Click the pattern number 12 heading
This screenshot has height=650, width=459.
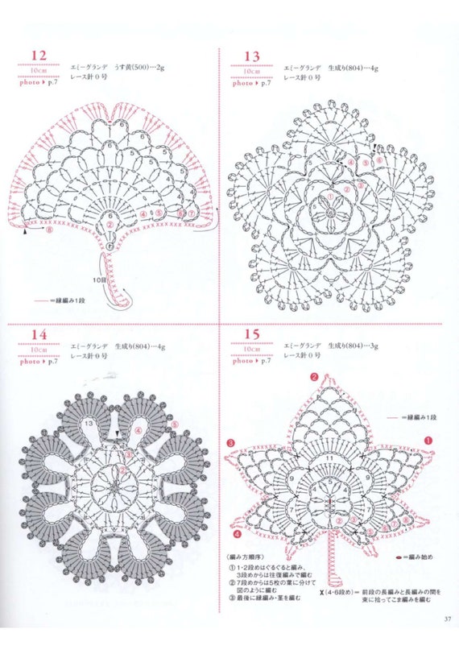[39, 56]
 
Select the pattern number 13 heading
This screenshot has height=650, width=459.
[250, 56]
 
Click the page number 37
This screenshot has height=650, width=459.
[446, 619]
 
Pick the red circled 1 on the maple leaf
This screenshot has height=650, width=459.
[428, 441]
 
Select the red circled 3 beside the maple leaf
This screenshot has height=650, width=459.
[230, 442]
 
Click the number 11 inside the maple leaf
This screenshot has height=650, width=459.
[329, 458]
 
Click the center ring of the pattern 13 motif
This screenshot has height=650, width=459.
[331, 212]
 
